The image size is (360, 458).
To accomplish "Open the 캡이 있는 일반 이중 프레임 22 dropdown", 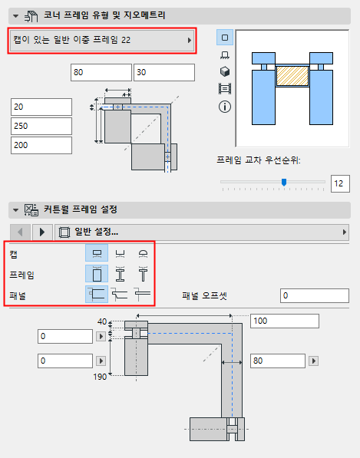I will coord(101,40).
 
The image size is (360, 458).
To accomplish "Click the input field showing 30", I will coord(163,72).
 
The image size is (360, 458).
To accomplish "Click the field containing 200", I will coord(41,145).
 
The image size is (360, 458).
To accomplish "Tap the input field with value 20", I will coord(41,107).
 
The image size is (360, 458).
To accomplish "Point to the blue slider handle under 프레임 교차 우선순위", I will coord(284,182).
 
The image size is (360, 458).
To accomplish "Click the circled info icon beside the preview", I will coord(225,107).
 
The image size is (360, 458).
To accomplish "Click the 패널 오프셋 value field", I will coord(315,295).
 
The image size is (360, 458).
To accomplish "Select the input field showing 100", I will coord(279,321).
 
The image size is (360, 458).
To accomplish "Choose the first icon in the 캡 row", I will coord(97,253).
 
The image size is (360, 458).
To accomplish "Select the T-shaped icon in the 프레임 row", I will coord(142,274).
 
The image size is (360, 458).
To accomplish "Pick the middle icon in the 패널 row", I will coord(120,294).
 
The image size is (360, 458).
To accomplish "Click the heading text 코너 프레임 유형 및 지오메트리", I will coord(104,14).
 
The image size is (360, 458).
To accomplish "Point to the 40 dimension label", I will coord(102,321).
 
